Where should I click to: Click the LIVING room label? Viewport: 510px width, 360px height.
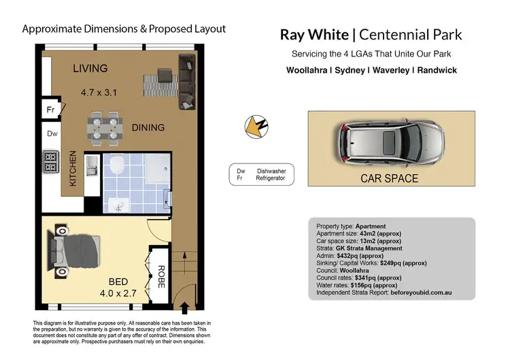[90, 68]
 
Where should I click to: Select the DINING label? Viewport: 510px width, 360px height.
[148, 127]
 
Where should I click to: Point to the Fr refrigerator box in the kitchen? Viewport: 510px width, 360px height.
[50, 110]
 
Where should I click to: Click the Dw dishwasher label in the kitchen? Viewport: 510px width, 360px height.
[52, 134]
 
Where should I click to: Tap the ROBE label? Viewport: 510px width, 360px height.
[162, 277]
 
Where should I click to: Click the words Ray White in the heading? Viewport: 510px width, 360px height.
[316, 34]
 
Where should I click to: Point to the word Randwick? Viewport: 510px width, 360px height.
[435, 70]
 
